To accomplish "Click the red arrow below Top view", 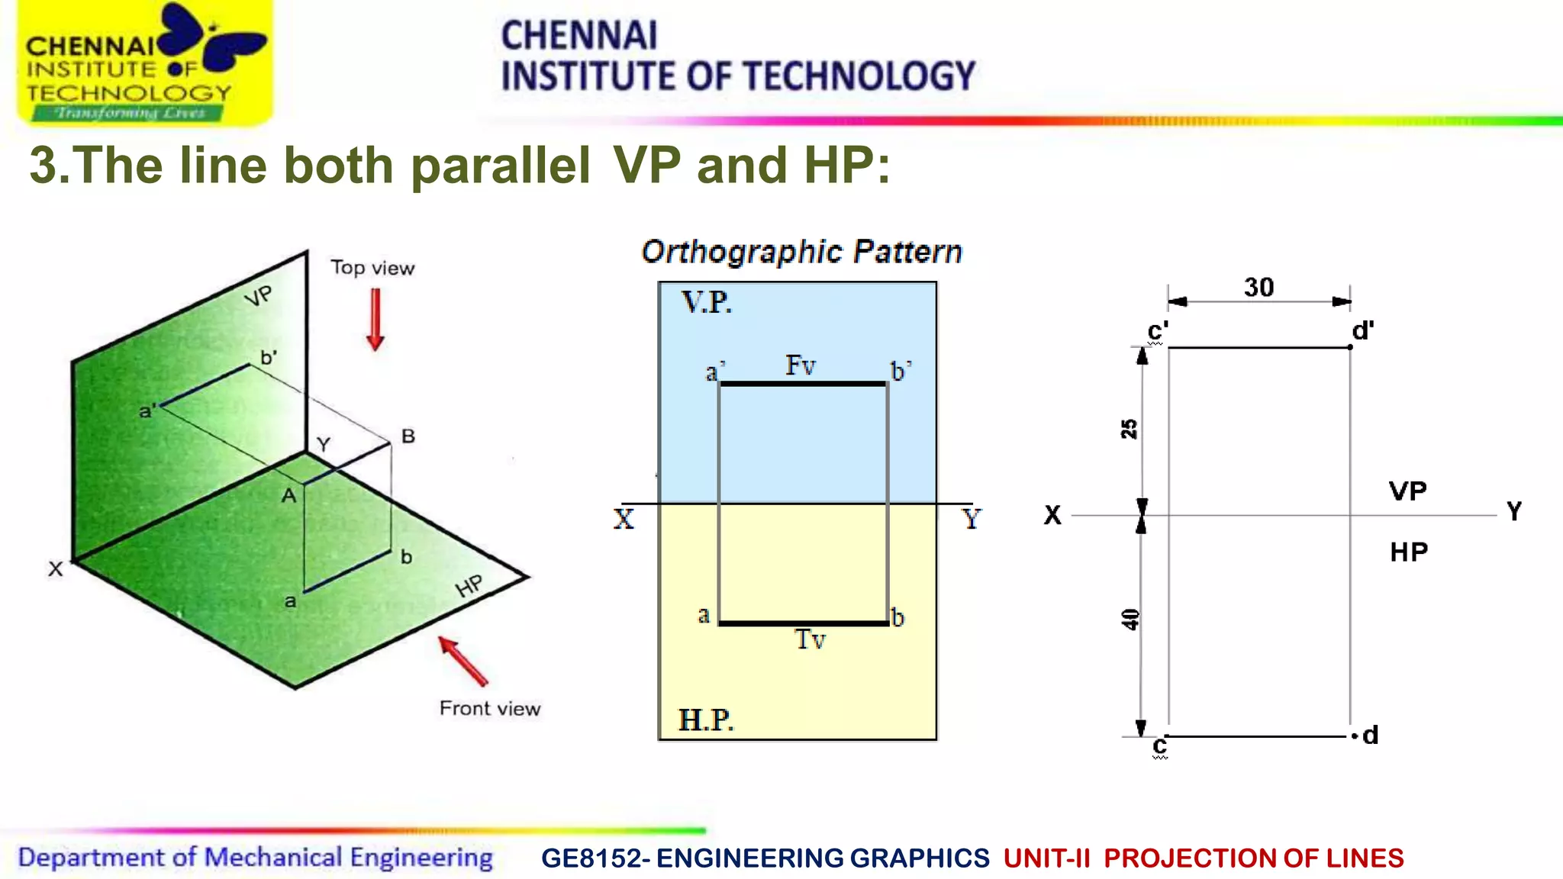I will coord(375,319).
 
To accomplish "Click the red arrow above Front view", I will coord(463,662).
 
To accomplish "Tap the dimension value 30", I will coord(1258,288).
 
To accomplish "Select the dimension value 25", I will coord(1129,429).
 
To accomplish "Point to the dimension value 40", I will coord(1130,619).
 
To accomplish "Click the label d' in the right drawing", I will coord(1363,330).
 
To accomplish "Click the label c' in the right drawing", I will coord(1158,331).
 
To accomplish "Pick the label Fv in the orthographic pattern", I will coord(801,365).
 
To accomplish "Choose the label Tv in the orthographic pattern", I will coord(810,639).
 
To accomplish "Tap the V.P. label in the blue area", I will coord(707,303).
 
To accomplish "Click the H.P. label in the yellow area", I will coord(706,720).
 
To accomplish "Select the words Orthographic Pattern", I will coord(801,252).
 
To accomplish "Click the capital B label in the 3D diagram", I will coord(408,436).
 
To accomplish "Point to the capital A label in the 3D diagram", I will coord(288,496).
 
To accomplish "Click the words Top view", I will coord(372,268).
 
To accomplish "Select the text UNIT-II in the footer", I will coord(1046,858).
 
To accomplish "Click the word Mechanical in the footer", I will coord(273,858).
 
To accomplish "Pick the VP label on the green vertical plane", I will coord(259,296).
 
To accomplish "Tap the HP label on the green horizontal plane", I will coord(469,586).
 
